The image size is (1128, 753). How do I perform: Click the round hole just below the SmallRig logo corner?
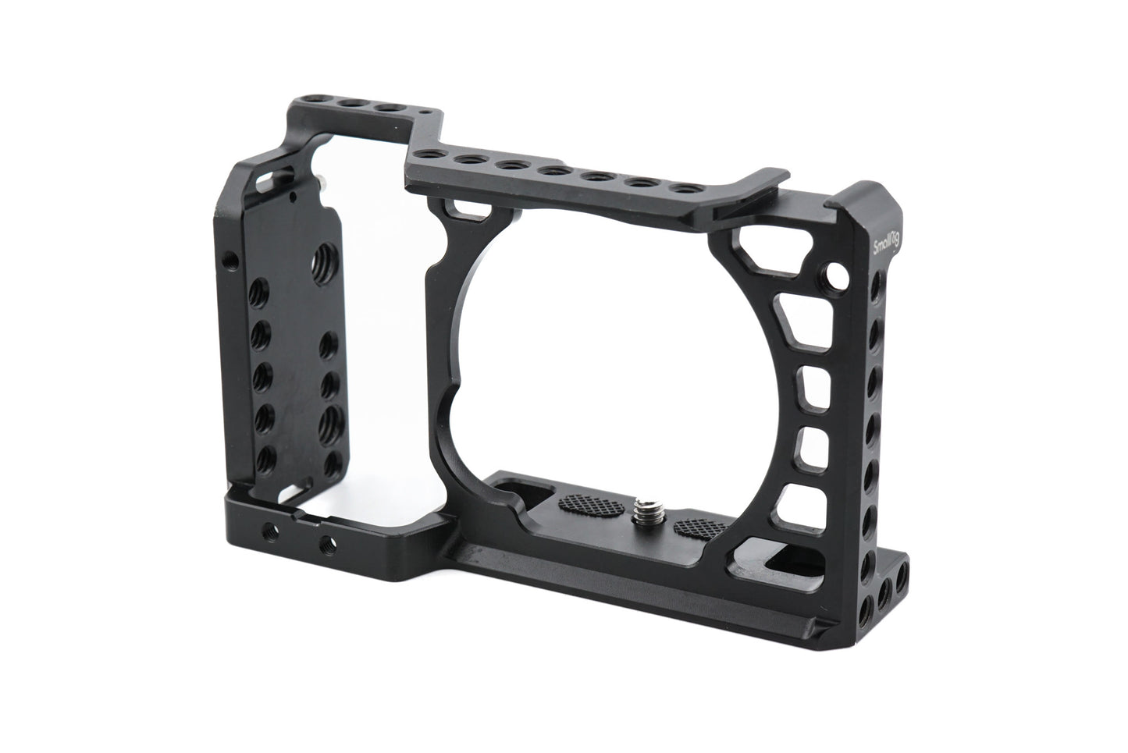coord(837,275)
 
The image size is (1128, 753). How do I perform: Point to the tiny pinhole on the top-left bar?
coord(422,112)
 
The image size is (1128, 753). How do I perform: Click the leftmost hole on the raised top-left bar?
coord(321,101)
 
